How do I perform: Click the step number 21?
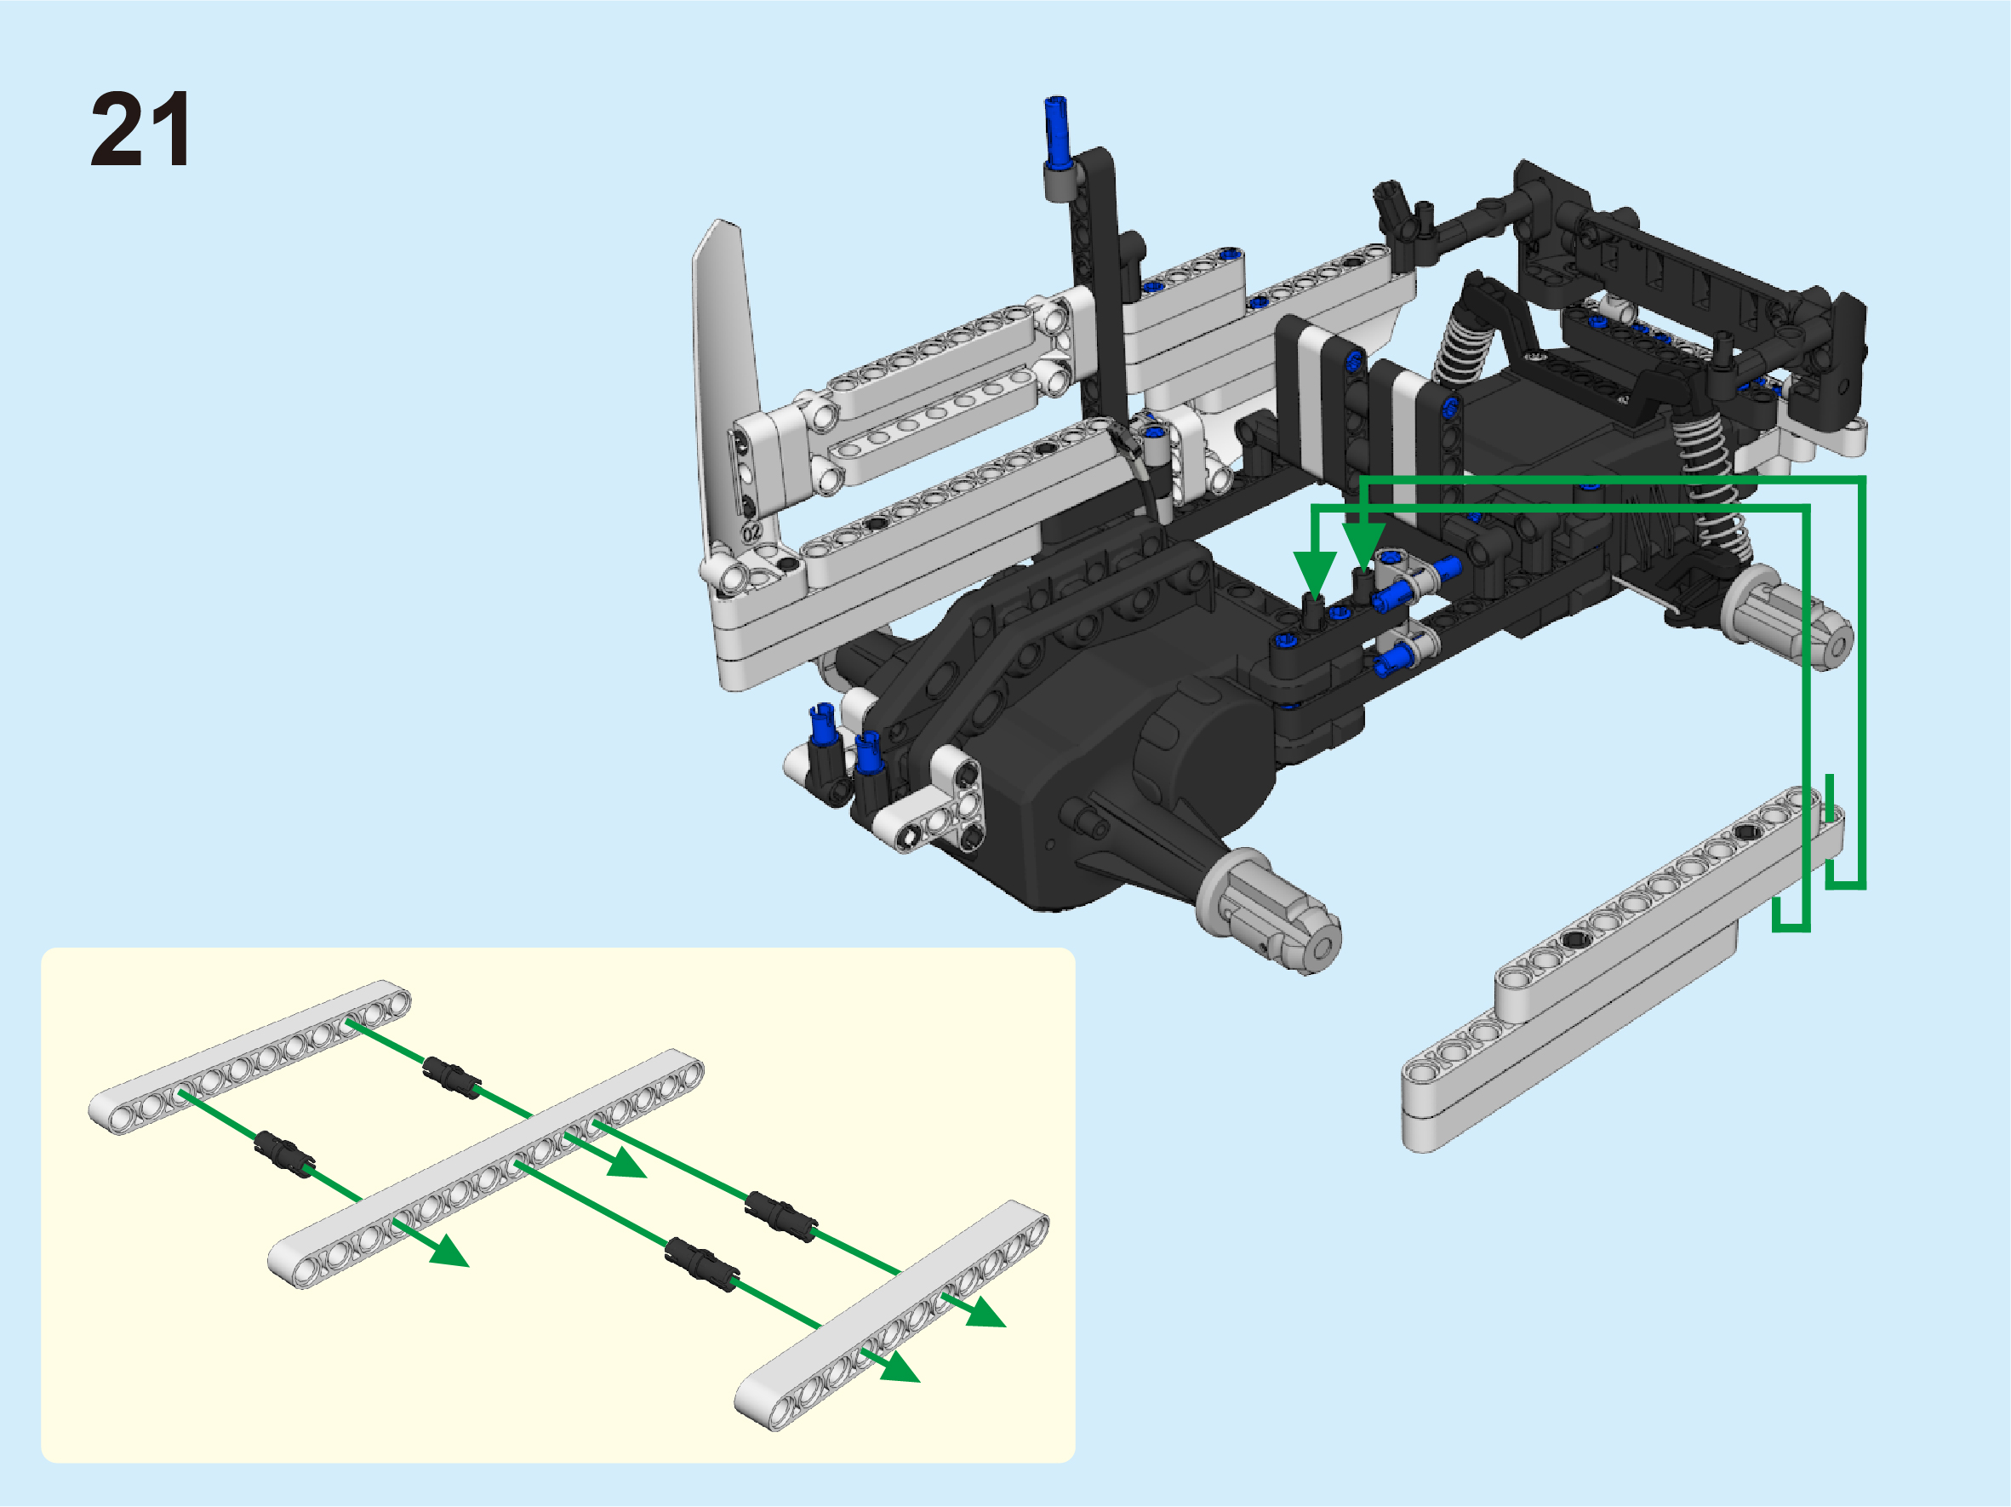tap(141, 129)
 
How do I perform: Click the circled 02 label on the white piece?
tap(751, 532)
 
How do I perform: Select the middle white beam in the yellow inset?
tap(485, 1169)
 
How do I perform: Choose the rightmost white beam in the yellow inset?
tap(892, 1316)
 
